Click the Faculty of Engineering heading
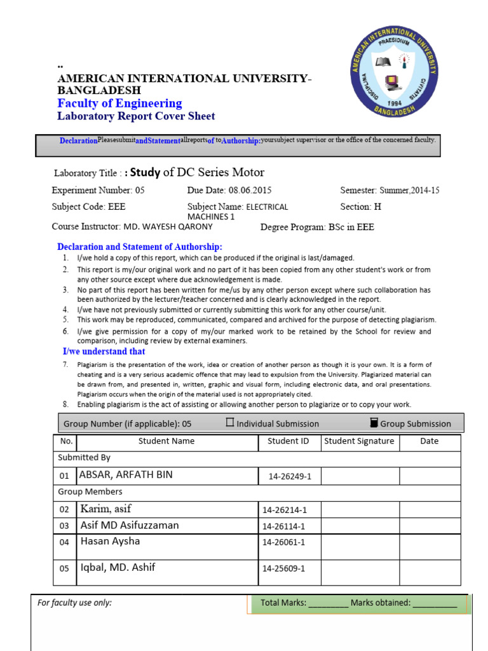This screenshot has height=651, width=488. click(119, 104)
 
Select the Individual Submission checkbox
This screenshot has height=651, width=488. click(230, 423)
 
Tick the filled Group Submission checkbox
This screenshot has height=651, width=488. click(373, 423)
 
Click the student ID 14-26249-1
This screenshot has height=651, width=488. click(289, 476)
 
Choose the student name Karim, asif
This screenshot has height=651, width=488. click(106, 509)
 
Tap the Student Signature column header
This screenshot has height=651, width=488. click(359, 441)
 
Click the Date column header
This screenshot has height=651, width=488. click(429, 441)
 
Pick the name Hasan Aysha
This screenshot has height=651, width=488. click(110, 541)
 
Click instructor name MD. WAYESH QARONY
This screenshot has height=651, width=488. click(177, 227)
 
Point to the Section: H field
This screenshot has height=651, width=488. click(361, 207)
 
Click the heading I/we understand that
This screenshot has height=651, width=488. click(104, 352)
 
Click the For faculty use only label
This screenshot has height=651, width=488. click(75, 603)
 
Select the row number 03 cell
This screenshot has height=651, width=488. click(64, 526)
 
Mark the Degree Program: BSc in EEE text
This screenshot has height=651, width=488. click(317, 227)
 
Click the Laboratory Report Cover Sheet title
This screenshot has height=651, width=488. click(136, 116)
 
